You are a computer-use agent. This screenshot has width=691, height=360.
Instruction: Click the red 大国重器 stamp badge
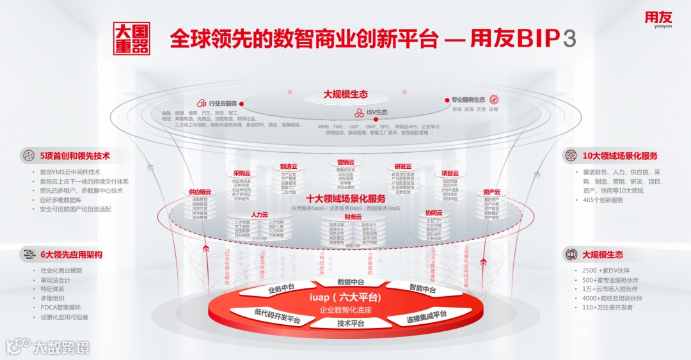[132, 39]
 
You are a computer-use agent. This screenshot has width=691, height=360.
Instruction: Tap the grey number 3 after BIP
[569, 39]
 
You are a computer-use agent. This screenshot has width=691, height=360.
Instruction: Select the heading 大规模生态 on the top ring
[345, 94]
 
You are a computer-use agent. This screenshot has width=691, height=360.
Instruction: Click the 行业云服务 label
[223, 104]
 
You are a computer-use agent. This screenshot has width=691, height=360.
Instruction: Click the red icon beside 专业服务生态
[494, 100]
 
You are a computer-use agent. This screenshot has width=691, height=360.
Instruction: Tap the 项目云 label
[450, 173]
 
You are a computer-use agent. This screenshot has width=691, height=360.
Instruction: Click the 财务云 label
[353, 217]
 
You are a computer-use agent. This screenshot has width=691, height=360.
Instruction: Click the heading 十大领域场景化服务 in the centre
[345, 199]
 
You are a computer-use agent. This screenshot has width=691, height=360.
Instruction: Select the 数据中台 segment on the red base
[351, 282]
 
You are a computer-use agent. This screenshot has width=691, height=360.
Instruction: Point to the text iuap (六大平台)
[345, 297]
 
